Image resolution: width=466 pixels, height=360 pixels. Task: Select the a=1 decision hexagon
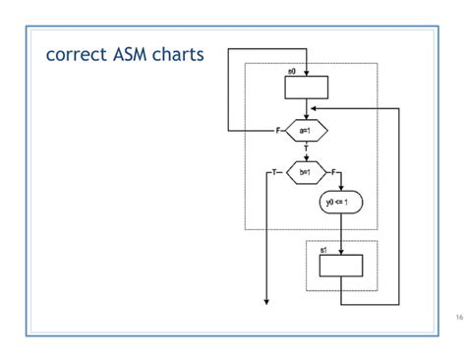(x=306, y=130)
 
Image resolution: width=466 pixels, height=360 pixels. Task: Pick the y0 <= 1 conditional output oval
(x=341, y=203)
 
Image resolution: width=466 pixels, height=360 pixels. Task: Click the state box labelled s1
(x=340, y=267)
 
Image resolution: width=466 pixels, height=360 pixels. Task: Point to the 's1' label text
(x=324, y=250)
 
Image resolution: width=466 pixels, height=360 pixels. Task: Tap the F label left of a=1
(x=278, y=130)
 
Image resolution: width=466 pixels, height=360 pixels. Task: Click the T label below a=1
(x=306, y=149)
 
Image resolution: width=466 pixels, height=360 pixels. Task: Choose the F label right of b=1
(x=334, y=172)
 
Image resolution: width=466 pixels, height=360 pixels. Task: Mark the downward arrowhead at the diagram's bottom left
(x=266, y=301)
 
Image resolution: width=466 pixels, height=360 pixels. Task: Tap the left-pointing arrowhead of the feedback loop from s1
(x=313, y=109)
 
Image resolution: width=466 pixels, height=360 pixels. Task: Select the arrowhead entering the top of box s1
(x=341, y=252)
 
